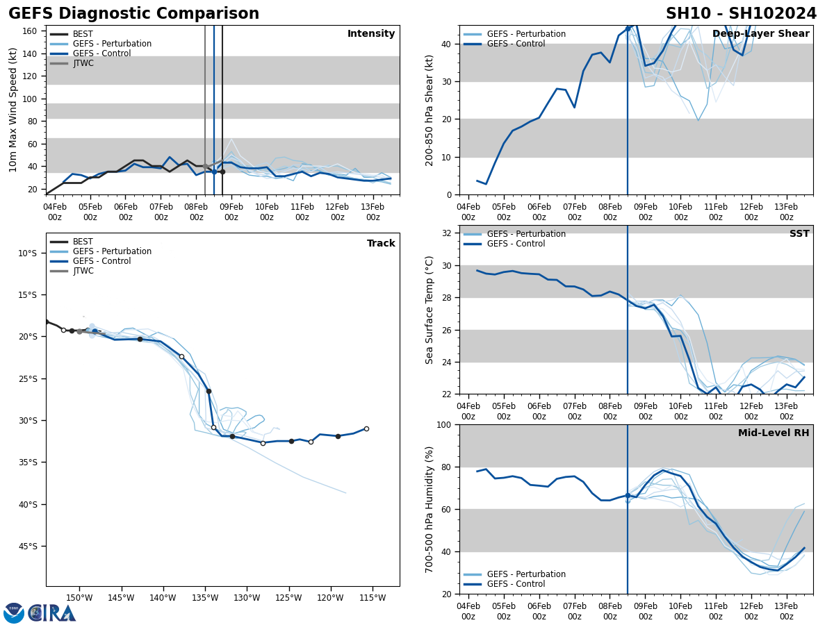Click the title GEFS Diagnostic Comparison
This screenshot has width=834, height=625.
tap(133, 14)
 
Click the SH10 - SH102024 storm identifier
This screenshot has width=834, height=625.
tap(741, 14)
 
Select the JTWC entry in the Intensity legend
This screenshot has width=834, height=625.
tap(83, 63)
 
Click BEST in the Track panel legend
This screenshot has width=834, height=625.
tap(83, 242)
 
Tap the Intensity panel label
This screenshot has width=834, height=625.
tap(371, 34)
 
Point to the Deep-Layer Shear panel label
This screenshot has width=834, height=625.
tap(761, 34)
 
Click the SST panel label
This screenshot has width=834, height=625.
tap(799, 234)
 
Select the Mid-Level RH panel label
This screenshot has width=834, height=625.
tap(774, 433)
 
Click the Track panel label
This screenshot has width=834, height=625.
tap(381, 244)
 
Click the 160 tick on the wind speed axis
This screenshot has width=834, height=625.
tap(30, 31)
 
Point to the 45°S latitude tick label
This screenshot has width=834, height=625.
tap(27, 547)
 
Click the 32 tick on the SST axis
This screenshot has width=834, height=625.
tap(447, 233)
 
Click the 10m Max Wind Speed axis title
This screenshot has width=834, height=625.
tap(14, 110)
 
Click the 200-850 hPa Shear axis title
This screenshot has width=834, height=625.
tap(430, 110)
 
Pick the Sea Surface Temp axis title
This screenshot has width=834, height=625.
tap(430, 310)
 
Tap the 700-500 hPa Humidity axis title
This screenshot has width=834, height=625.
tap(430, 510)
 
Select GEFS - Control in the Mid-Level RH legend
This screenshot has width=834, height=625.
tap(516, 584)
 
